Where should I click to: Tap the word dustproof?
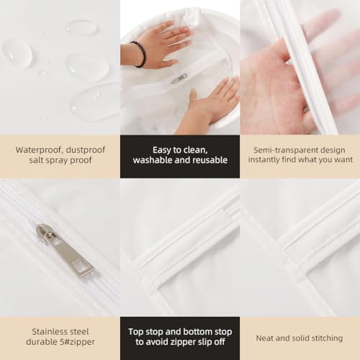click(86, 150)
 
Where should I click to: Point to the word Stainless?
click(48, 332)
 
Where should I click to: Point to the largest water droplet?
click(94, 100)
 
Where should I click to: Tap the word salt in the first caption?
click(37, 160)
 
